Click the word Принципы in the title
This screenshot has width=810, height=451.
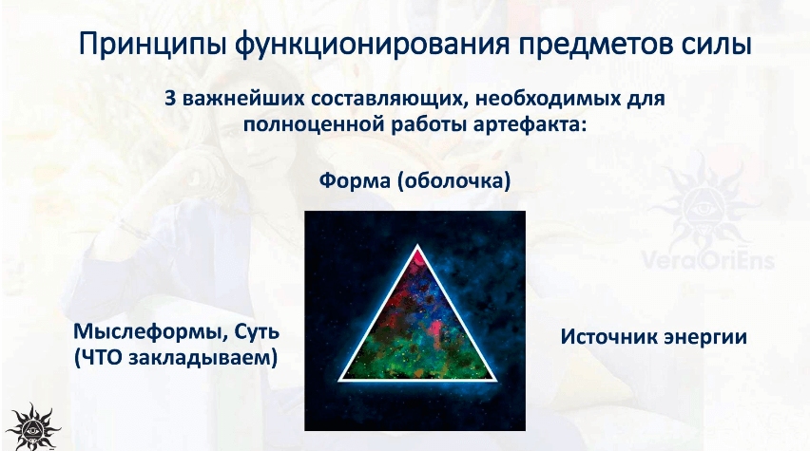pyautogui.click(x=153, y=46)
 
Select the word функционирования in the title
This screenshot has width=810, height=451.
pyautogui.click(x=372, y=46)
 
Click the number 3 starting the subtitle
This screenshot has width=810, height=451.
pyautogui.click(x=170, y=98)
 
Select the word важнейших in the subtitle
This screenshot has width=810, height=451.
pyautogui.click(x=242, y=98)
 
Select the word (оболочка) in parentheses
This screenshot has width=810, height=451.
pyautogui.click(x=454, y=180)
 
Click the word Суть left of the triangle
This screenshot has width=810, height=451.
pyautogui.click(x=257, y=330)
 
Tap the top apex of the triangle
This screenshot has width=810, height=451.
pyautogui.click(x=417, y=247)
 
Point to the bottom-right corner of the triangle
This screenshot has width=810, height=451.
pyautogui.click(x=496, y=381)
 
